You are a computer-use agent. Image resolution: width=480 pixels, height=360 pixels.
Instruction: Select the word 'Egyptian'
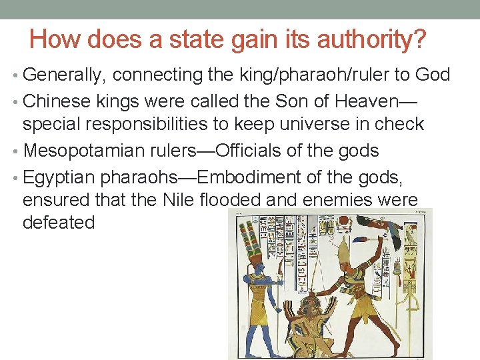[x=62, y=177]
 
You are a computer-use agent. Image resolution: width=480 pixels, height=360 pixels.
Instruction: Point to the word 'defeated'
[x=59, y=222]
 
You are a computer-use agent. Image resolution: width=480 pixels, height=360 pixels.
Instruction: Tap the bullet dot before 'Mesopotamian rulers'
[x=15, y=151]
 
